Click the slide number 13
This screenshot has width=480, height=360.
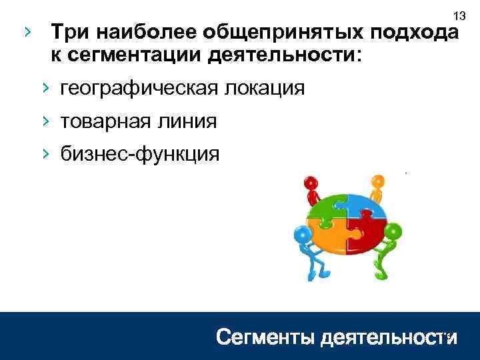pyautogui.click(x=458, y=15)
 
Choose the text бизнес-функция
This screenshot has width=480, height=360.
pyautogui.click(x=139, y=155)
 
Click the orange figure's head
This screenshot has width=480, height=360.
pyautogui.click(x=378, y=181)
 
